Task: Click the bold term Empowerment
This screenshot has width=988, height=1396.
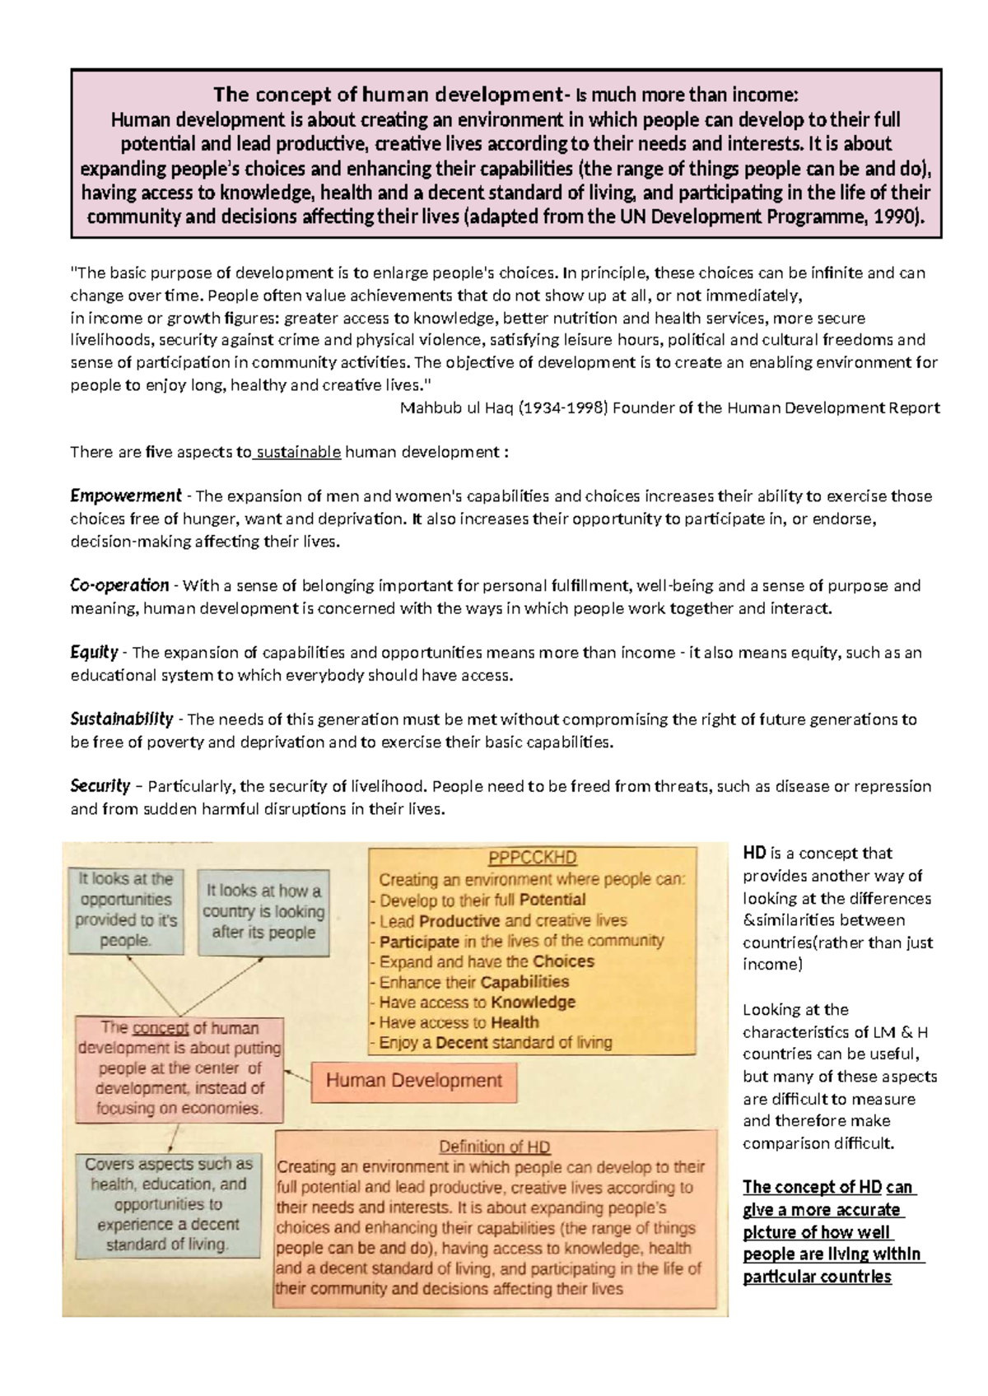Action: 125,496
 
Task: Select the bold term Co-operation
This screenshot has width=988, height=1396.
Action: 119,585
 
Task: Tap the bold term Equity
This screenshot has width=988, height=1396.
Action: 94,652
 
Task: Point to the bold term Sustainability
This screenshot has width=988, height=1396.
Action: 121,719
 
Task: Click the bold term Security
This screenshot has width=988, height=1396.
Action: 100,785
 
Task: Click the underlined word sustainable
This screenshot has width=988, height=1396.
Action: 298,452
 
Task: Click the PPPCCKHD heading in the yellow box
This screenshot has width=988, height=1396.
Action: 532,858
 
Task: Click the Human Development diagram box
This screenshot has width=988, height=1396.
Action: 414,1081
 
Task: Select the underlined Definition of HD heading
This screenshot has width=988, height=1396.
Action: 494,1147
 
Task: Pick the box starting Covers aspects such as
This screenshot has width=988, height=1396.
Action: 168,1204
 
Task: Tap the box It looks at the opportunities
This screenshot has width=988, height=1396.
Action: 125,910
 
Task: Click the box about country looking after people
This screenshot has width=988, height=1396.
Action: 263,911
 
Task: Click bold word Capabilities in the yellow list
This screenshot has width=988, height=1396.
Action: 524,982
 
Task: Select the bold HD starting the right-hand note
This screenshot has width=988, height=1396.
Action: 754,854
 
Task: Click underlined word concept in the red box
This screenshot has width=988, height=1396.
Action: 161,1028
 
